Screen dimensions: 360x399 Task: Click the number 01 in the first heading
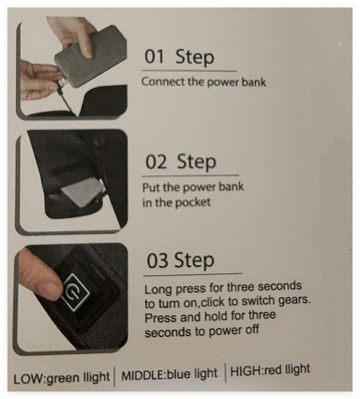154,57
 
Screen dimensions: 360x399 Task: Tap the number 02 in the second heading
156,162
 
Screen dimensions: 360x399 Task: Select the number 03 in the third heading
157,261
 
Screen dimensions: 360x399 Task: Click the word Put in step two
151,187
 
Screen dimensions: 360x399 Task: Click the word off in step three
250,330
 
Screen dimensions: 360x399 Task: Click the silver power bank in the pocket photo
82,191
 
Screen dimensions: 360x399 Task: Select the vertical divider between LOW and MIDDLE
114,377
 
